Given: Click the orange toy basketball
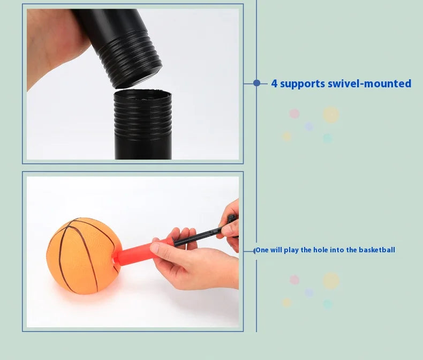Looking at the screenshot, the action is (83, 256).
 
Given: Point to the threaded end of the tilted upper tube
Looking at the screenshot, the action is (130, 63).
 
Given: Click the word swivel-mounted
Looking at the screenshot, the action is (369, 84).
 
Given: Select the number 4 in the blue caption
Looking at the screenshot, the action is (274, 84).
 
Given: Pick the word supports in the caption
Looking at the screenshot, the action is (303, 84).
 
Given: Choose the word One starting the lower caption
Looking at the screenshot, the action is (262, 250).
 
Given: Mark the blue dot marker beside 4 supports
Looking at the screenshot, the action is (257, 83).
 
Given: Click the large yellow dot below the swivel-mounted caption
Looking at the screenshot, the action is (331, 115).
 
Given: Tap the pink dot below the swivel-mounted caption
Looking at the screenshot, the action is (294, 114).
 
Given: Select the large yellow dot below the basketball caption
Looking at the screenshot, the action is (331, 281).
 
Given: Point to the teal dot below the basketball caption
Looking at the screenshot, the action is (328, 304).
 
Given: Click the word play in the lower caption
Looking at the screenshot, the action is (291, 250).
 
